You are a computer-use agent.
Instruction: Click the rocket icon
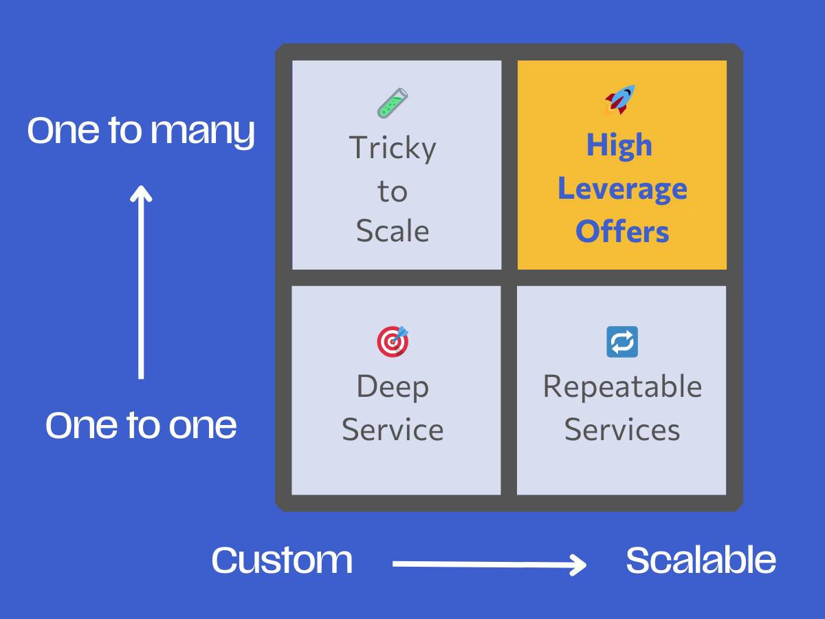click(x=620, y=100)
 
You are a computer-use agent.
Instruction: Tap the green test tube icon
click(x=393, y=103)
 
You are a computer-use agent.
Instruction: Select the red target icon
click(x=393, y=341)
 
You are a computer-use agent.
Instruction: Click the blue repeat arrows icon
click(x=622, y=342)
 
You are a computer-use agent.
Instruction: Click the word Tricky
click(x=393, y=149)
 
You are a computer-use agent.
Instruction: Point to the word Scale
click(x=393, y=230)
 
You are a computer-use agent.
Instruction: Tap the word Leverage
click(x=622, y=189)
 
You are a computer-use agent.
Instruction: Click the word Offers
click(x=622, y=231)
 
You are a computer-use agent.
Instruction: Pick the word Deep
click(x=393, y=387)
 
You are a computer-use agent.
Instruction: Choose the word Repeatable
click(x=622, y=387)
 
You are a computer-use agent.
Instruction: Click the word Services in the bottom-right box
click(x=622, y=430)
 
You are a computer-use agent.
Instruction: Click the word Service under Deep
click(x=393, y=430)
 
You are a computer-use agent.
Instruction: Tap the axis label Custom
click(x=282, y=560)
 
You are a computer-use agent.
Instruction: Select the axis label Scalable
click(x=701, y=560)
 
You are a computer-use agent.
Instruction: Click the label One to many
click(x=141, y=131)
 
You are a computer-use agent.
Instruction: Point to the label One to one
click(x=141, y=425)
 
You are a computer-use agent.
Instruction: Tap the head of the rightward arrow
click(x=579, y=565)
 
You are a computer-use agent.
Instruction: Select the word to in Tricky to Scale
click(x=393, y=191)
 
